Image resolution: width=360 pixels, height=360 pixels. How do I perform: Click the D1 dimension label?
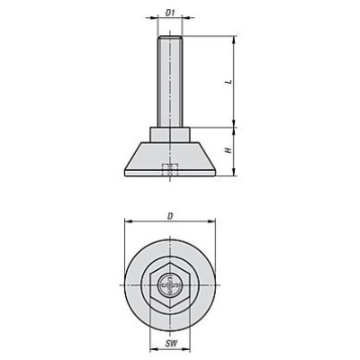click(x=170, y=13)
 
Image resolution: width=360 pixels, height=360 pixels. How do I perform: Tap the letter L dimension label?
click(x=229, y=81)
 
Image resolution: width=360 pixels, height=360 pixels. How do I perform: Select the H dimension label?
click(x=229, y=150)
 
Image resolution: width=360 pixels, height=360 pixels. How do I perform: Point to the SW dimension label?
click(x=171, y=343)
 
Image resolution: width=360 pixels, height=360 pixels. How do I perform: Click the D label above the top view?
click(x=170, y=216)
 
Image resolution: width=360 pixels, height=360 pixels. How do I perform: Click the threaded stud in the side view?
click(x=170, y=81)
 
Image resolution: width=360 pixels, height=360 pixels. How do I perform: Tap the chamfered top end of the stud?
click(x=170, y=37)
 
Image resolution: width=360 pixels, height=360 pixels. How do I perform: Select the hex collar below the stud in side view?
click(x=170, y=134)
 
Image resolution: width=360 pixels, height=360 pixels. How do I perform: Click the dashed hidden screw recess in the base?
click(x=170, y=170)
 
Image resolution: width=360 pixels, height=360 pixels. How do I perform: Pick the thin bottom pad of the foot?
click(x=170, y=173)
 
